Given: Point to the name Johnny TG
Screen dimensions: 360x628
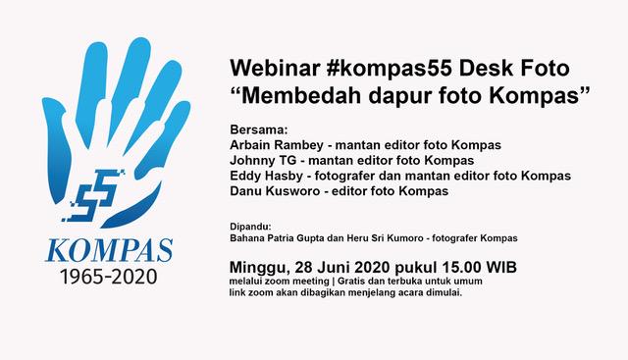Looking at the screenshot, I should tap(261, 160).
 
